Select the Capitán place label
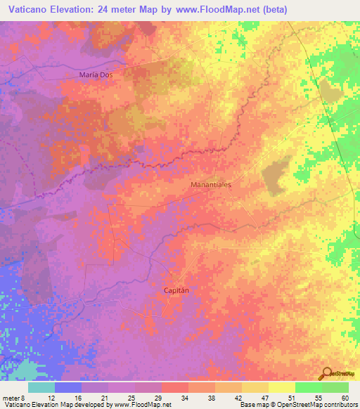point(177,290)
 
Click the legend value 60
point(345,397)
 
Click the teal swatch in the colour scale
point(41,387)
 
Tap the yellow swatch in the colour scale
point(282,387)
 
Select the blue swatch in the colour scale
point(68,387)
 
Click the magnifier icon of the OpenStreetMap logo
point(326,373)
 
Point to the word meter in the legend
point(11,397)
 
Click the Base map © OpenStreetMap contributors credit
point(298,405)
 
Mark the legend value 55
point(318,397)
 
